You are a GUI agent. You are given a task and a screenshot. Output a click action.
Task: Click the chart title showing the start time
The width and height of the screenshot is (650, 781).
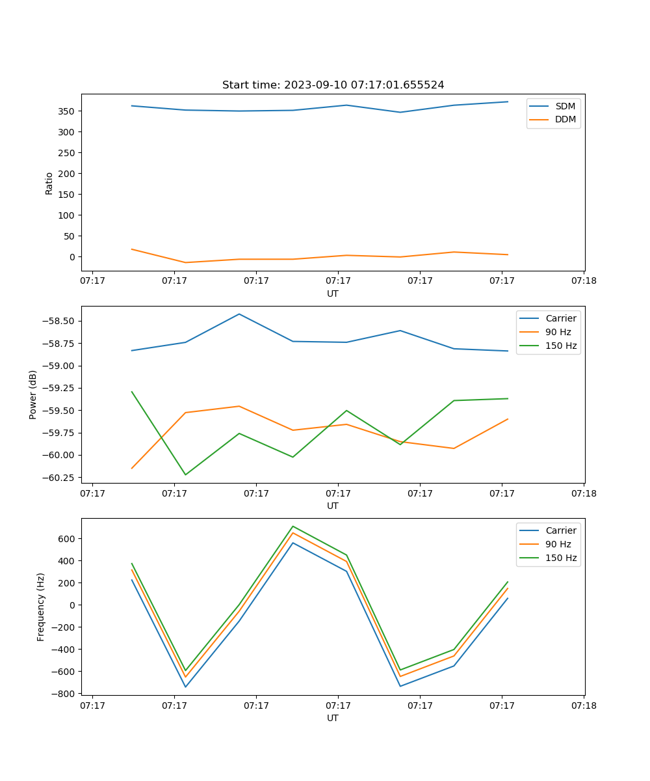tap(333, 85)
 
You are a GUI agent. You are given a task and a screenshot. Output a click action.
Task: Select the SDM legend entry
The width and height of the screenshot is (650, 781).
tap(565, 106)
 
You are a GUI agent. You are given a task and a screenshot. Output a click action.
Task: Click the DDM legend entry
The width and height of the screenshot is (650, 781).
tap(565, 119)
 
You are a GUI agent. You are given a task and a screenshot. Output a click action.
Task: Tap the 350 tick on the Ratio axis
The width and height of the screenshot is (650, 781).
tap(67, 111)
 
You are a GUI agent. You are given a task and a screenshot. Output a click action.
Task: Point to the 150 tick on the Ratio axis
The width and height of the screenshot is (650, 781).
tap(67, 195)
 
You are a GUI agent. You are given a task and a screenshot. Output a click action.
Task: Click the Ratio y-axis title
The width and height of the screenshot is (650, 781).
tap(49, 183)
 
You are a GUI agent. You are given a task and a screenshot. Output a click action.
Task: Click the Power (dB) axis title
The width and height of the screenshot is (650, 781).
tap(33, 394)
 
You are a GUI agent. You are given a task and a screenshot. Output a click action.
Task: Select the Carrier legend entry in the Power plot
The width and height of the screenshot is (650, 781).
tap(560, 318)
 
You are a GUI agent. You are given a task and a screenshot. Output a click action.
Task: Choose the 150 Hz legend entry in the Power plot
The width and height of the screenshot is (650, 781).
tap(560, 346)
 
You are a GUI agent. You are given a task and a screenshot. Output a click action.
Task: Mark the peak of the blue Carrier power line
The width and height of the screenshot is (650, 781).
tap(239, 314)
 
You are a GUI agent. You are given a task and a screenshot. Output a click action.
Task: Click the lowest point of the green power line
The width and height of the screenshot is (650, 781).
tap(185, 474)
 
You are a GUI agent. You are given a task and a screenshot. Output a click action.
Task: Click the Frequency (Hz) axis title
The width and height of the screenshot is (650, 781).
tap(41, 607)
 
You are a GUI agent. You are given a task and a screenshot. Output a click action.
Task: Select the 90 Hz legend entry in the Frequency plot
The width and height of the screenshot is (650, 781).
tap(558, 544)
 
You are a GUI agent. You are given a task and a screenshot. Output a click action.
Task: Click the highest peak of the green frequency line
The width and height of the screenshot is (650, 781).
tap(293, 526)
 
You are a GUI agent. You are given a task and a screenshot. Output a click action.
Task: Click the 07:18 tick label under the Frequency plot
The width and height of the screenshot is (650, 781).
tap(583, 706)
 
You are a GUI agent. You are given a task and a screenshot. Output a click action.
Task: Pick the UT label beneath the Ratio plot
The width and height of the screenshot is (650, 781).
tap(333, 294)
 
